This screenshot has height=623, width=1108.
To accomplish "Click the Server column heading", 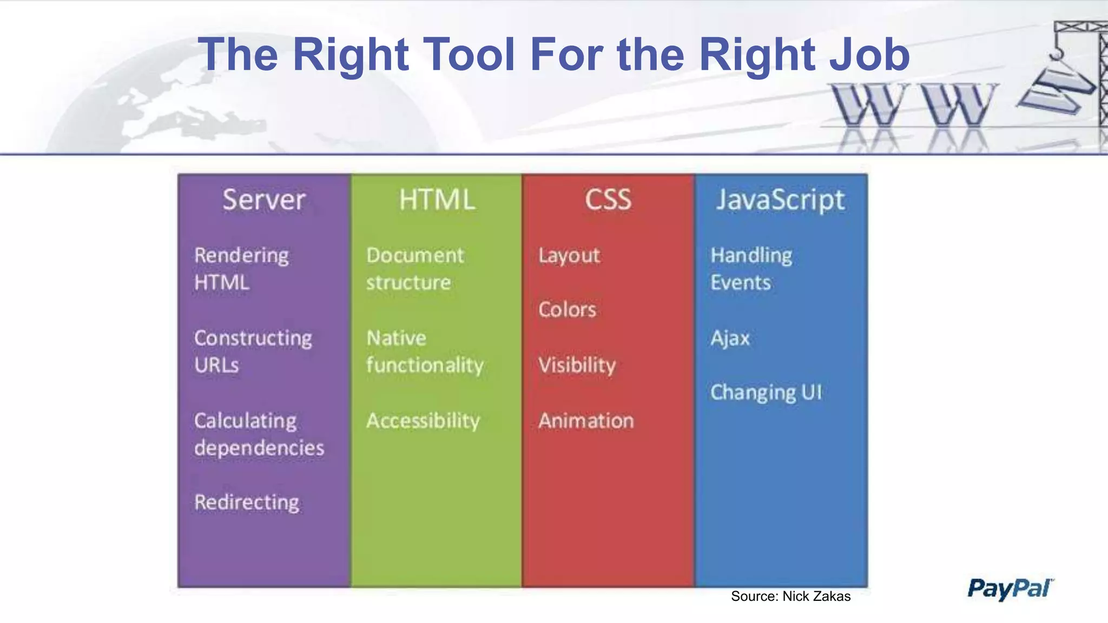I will tap(264, 200).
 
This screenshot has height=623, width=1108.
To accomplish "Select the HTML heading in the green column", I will tap(437, 200).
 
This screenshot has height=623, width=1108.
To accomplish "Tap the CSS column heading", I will tap(608, 200).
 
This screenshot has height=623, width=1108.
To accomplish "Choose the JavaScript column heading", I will tap(780, 201).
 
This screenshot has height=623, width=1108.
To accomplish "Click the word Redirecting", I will tap(247, 502).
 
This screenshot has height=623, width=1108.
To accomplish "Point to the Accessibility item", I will tap(423, 421).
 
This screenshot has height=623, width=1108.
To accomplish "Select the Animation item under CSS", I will tap(586, 421).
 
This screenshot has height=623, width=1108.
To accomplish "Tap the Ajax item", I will tap(730, 339).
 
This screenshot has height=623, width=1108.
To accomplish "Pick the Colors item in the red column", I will tap(567, 310).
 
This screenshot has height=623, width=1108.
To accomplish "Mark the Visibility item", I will tap(577, 365).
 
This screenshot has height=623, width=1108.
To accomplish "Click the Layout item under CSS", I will tap(569, 256).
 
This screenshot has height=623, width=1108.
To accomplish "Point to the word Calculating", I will tap(246, 421).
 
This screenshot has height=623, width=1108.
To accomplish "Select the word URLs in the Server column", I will tap(216, 365).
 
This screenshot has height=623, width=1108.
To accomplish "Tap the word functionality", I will tap(425, 366).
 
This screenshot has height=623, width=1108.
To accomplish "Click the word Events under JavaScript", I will tap(741, 283).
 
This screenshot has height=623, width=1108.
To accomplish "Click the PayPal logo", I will tap(1010, 588).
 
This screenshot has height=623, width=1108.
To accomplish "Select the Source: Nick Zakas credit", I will tap(790, 596).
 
